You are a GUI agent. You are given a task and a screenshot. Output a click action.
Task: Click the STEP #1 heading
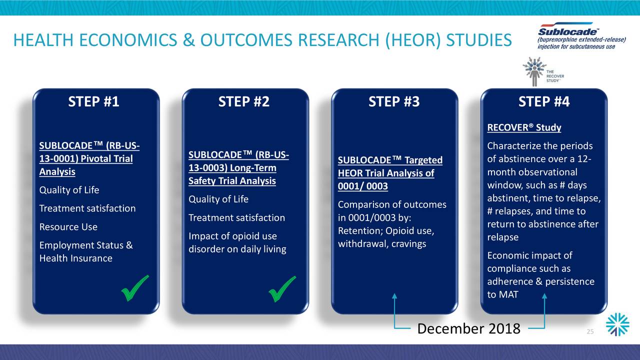pyautogui.click(x=93, y=101)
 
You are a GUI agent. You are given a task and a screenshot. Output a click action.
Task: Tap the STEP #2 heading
pyautogui.click(x=243, y=101)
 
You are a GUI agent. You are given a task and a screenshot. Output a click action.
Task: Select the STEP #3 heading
pyautogui.click(x=394, y=101)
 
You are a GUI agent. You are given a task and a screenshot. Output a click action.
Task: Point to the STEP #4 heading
pyautogui.click(x=544, y=101)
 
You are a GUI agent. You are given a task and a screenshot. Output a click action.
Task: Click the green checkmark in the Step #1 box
pyautogui.click(x=134, y=288)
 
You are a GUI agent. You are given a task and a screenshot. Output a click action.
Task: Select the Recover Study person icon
pyautogui.click(x=534, y=71)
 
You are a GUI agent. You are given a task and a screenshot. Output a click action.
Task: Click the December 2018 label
pyautogui.click(x=469, y=328)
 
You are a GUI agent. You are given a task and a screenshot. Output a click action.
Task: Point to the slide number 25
pyautogui.click(x=590, y=331)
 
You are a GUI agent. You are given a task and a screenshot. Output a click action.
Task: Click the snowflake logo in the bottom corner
pyautogui.click(x=617, y=324)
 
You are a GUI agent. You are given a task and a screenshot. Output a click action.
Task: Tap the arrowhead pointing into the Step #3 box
pyautogui.click(x=394, y=296)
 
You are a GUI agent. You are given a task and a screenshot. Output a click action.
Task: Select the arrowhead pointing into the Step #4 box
pyautogui.click(x=544, y=296)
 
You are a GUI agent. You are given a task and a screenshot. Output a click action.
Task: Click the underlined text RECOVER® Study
pyautogui.click(x=524, y=127)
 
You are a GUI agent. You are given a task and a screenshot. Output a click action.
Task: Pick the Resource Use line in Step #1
pyautogui.click(x=68, y=227)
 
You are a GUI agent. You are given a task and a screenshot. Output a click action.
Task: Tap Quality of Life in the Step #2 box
pyautogui.click(x=218, y=199)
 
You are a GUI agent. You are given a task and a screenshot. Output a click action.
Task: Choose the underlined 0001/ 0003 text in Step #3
pyautogui.click(x=363, y=186)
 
